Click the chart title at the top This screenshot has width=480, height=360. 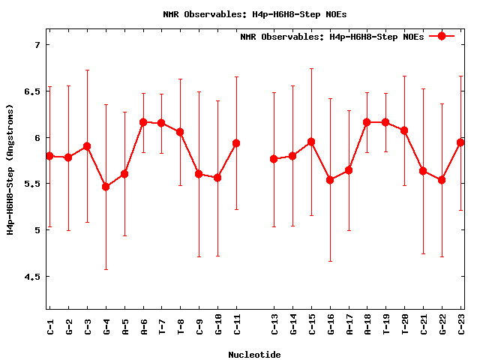point(254,13)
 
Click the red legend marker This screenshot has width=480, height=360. point(442,36)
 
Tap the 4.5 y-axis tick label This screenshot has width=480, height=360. point(32,276)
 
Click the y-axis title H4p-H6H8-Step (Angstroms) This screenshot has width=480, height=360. point(10,169)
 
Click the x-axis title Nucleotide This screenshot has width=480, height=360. point(254,354)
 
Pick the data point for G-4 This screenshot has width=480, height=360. point(106,187)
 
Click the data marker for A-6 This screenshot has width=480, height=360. point(143,121)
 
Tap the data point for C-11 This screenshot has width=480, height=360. point(236,143)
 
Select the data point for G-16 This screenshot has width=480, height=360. point(330,180)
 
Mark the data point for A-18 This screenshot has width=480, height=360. point(367,122)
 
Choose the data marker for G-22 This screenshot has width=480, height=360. point(442,180)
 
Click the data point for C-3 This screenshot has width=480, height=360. point(87,146)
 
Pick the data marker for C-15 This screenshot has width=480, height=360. point(311,142)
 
